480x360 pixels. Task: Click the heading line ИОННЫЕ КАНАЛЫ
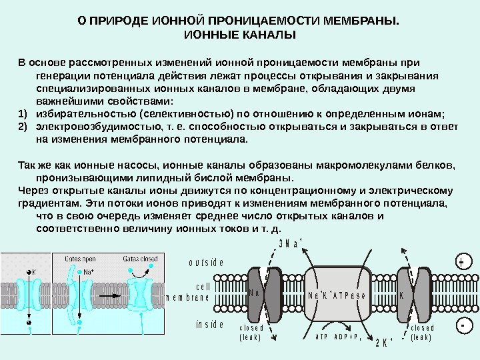pos(239,33)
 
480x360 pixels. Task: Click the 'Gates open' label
pos(80,258)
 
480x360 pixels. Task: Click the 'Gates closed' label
pos(140,258)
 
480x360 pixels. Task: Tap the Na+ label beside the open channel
pos(87,272)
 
